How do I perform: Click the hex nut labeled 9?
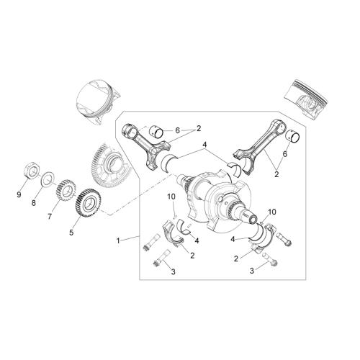[32, 170]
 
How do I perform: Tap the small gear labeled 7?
[66, 191]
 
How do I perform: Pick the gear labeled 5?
[89, 203]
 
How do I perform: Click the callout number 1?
[118, 240]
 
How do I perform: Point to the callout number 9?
[19, 195]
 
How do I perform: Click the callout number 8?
[33, 203]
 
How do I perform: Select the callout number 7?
[50, 217]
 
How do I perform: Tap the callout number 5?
[71, 233]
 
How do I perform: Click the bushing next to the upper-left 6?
[156, 132]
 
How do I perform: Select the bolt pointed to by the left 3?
[161, 258]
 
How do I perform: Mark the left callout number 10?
[171, 197]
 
